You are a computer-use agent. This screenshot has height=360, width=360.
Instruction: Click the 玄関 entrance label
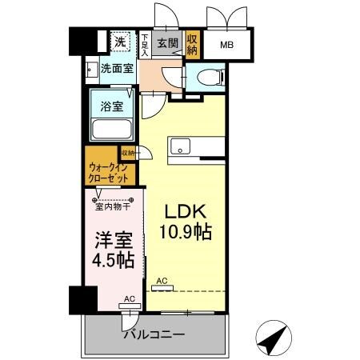[166, 43]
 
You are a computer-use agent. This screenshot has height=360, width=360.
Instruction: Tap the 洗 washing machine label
[118, 42]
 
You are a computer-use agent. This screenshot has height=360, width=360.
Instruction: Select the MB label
[228, 46]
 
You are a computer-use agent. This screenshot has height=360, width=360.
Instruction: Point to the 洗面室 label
[117, 69]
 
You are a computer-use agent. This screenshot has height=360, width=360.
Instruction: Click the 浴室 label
[111, 106]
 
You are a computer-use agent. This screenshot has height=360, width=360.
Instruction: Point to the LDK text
[187, 213]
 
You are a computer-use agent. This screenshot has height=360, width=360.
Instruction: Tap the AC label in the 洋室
[129, 298]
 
